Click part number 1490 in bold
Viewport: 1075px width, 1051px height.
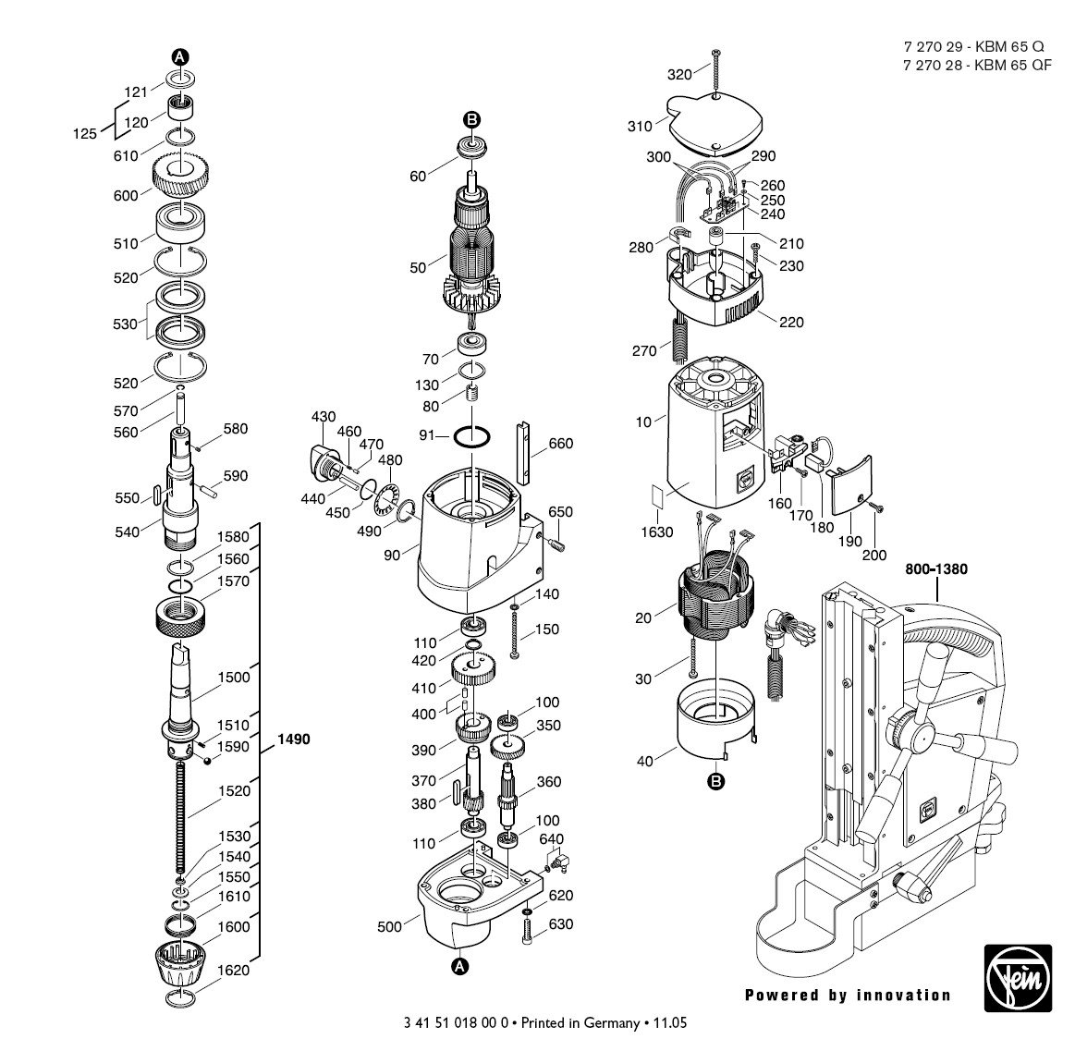[x=294, y=739]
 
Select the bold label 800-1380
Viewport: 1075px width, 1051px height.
[x=935, y=569]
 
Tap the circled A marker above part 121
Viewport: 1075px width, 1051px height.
[x=180, y=57]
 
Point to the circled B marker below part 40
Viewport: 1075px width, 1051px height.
[x=715, y=782]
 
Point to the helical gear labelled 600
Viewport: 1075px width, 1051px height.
[x=180, y=176]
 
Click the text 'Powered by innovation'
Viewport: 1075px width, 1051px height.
[x=848, y=996]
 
